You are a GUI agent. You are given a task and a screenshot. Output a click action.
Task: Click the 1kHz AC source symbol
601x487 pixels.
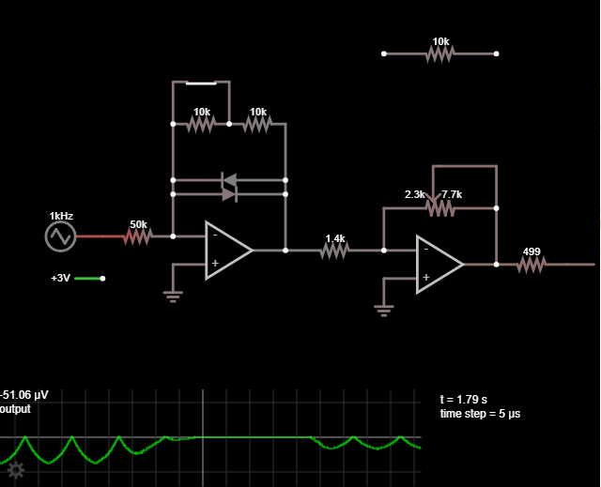click(60, 236)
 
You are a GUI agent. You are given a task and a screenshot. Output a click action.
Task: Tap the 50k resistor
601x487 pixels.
click(138, 236)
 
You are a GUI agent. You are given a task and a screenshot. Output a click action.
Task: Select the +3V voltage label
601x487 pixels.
click(60, 278)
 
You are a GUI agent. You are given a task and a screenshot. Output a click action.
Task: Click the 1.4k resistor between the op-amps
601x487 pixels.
click(334, 251)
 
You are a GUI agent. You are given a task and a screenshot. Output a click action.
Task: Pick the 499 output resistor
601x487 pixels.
click(532, 265)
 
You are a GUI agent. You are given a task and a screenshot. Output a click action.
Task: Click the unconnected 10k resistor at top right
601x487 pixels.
click(440, 53)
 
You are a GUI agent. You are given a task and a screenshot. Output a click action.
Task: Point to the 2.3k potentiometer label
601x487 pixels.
click(414, 194)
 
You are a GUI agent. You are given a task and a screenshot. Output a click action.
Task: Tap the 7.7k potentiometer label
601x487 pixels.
click(452, 194)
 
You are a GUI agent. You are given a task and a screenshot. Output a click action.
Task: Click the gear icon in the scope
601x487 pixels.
click(16, 470)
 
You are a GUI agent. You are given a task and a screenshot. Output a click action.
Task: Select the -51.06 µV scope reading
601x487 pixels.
click(24, 395)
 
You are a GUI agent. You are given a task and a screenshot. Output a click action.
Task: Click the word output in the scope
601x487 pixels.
click(15, 409)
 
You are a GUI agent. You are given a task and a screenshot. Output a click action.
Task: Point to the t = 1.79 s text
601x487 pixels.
click(463, 400)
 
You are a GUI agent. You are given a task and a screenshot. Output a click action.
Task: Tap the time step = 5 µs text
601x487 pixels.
click(480, 414)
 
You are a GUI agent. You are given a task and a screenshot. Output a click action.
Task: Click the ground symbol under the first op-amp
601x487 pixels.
click(173, 297)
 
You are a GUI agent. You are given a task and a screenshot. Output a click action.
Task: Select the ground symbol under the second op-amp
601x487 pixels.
click(384, 311)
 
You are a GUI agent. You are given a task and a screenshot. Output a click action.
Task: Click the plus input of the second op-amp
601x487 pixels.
click(425, 277)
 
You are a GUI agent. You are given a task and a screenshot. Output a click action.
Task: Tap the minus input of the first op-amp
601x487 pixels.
click(215, 235)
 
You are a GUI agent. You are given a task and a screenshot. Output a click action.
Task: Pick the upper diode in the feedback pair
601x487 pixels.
click(229, 180)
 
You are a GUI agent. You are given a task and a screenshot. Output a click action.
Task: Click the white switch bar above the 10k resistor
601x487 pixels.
click(201, 84)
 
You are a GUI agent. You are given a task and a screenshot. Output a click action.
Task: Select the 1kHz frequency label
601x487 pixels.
click(61, 216)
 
